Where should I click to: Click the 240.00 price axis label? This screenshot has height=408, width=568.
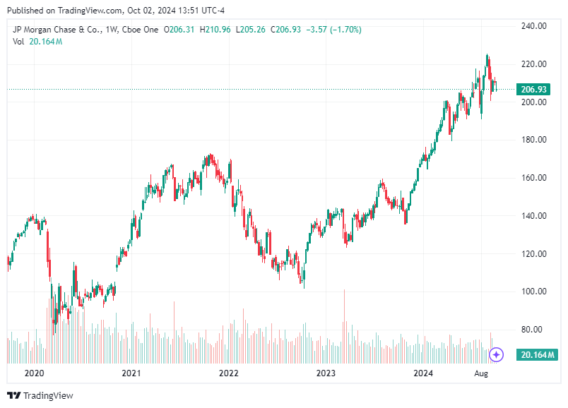click(x=533, y=26)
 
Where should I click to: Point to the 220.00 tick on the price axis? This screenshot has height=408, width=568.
click(x=533, y=64)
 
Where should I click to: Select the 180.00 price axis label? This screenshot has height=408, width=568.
click(x=533, y=140)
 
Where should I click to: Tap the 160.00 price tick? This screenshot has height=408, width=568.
click(x=533, y=178)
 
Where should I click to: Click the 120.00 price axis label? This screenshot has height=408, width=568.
click(x=533, y=254)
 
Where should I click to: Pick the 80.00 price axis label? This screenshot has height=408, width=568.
click(x=533, y=330)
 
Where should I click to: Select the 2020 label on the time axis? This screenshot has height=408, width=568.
click(x=34, y=373)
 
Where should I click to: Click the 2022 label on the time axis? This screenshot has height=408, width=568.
click(x=228, y=373)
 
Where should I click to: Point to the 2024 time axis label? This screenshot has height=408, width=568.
click(x=422, y=373)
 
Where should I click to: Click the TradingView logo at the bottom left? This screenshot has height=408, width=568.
click(x=40, y=396)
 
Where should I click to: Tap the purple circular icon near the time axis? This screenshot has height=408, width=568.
click(x=497, y=354)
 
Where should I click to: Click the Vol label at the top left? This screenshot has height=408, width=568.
click(x=19, y=42)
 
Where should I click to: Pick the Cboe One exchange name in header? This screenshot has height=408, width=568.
click(x=140, y=30)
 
